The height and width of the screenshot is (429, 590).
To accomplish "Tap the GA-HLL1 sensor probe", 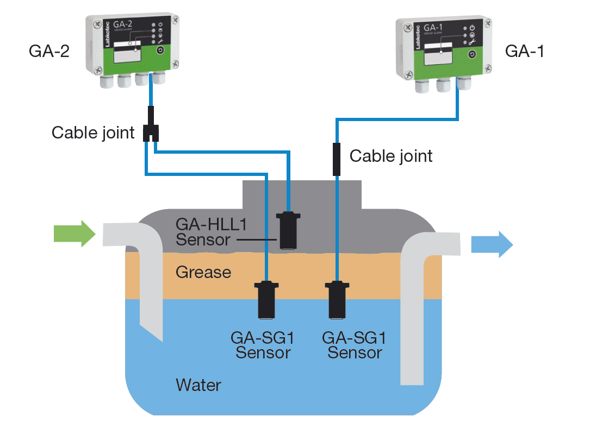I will coord(288,230).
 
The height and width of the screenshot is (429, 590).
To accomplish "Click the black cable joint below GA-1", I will coord(337,159).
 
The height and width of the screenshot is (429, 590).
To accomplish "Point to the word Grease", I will coord(203,272).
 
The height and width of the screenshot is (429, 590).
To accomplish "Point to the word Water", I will coord(198,386).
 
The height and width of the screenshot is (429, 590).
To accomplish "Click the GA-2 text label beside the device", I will coord(49,52).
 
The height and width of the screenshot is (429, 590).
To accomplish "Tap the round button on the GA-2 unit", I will coord(160,51).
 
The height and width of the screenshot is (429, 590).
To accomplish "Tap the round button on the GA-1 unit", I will coord(472,54).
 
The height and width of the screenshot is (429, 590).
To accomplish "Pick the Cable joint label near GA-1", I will coord(390,156).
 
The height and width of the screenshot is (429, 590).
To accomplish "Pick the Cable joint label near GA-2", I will coord(93,133).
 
